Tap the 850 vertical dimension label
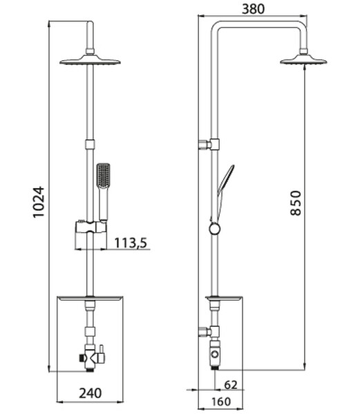295,203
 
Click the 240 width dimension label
90,393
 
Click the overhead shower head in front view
90,60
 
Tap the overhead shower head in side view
303,61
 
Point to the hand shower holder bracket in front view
91,228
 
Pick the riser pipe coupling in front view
90,144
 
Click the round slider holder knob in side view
216,227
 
